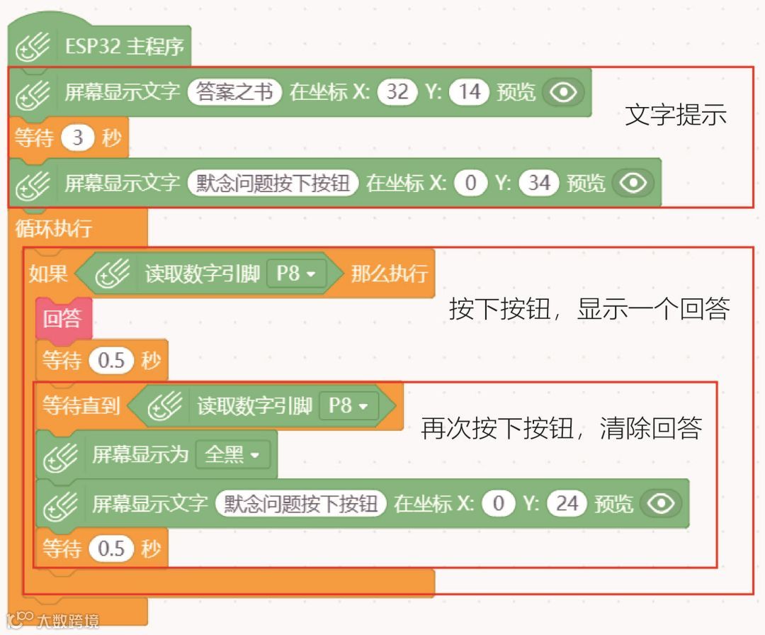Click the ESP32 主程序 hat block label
pos(125,47)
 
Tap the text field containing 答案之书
pos(234,92)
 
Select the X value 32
pos(397,92)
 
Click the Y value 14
pos(470,92)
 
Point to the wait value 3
pos(78,137)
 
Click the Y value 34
pos(539,183)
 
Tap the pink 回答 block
pos(62,319)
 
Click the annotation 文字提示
pos(676,116)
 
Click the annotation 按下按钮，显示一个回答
pos(589,309)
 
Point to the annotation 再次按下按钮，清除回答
pos(562,428)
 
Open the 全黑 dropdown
pos(232,454)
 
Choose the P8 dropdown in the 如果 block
pos(296,274)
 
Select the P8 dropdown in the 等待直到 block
pos(348,406)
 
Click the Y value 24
pos(567,503)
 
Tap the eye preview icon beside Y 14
pos(563,92)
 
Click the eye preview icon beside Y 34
pos(633,183)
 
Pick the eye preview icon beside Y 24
pos(661,503)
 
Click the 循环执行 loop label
pos(53,229)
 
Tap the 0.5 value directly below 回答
pos(111,361)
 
